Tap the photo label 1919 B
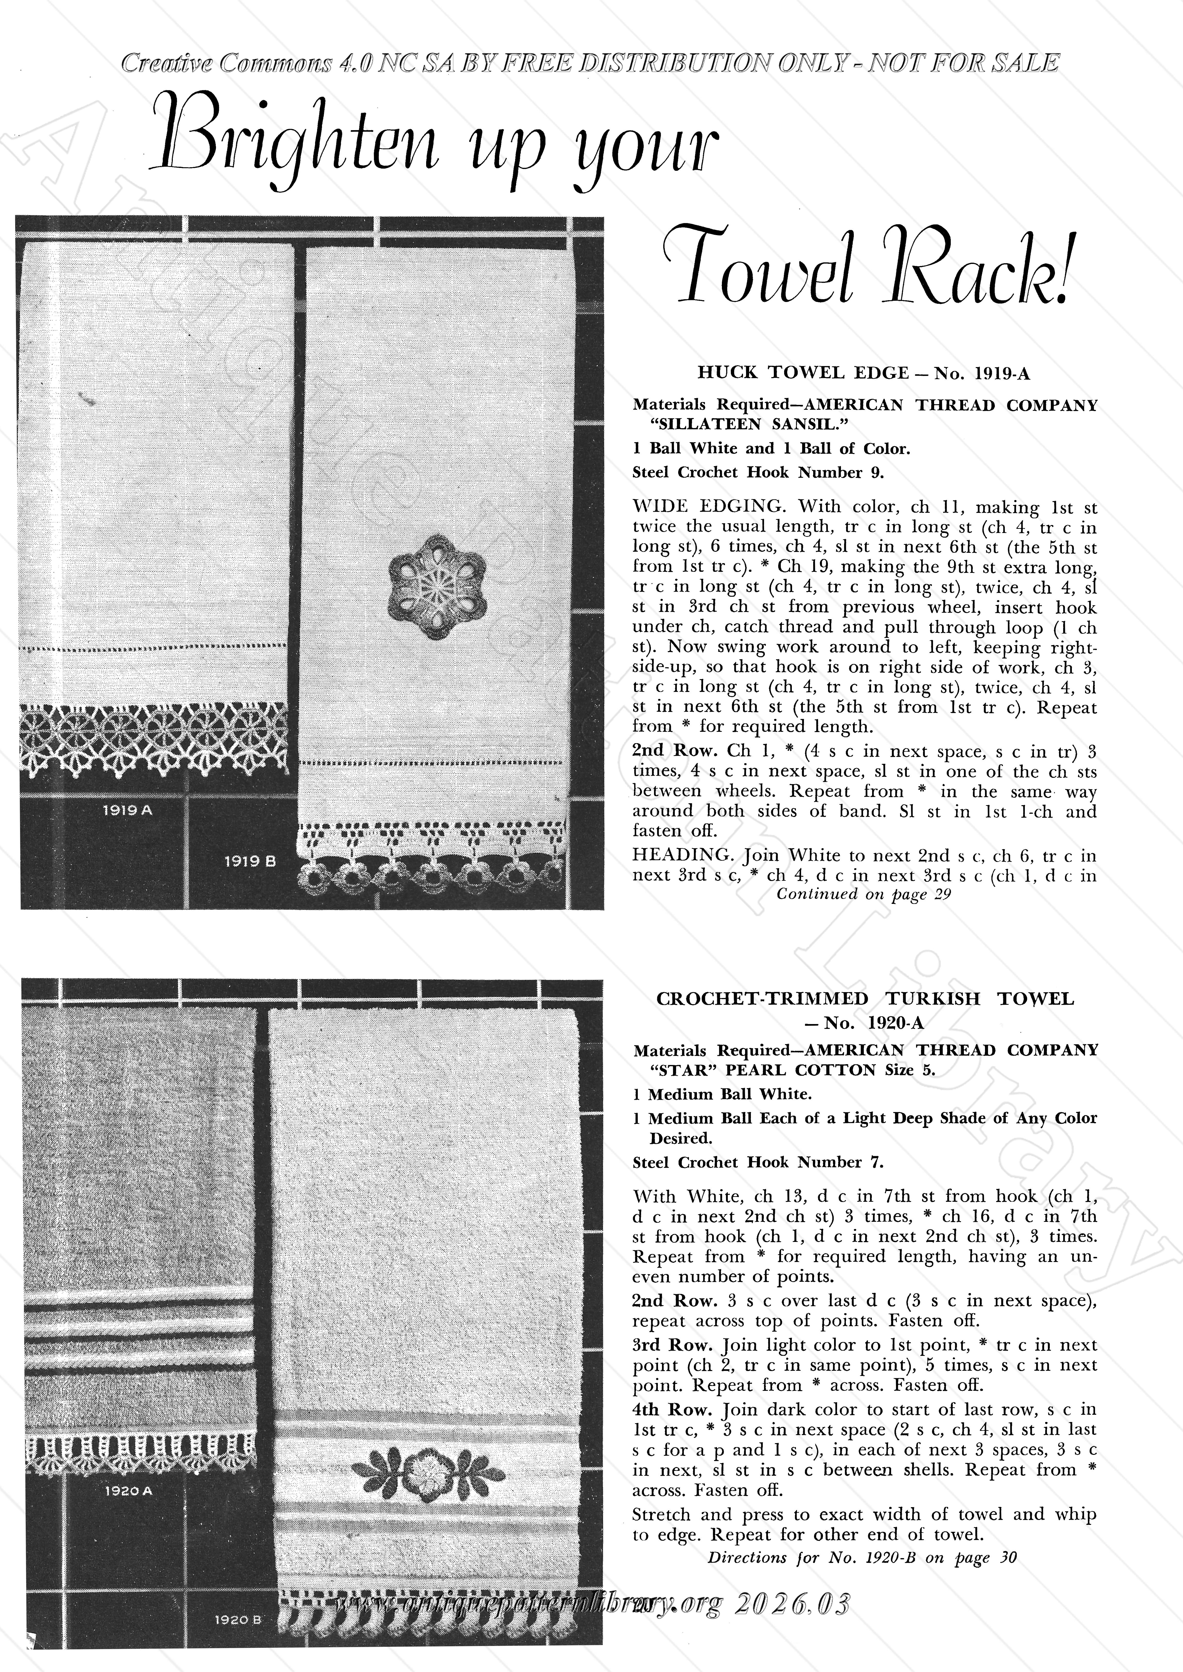[x=249, y=861]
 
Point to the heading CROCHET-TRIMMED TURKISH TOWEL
[x=865, y=999]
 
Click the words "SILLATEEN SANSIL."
[x=729, y=424]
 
